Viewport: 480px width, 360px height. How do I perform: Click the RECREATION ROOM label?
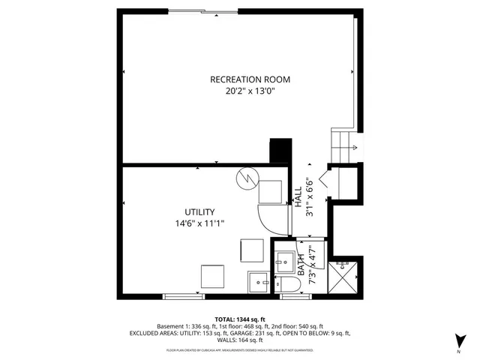coord(250,79)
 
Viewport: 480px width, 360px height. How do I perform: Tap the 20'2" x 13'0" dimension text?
coord(250,91)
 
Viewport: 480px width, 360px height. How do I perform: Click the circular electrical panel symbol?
coord(246,180)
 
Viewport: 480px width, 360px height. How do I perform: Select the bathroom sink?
coord(286,261)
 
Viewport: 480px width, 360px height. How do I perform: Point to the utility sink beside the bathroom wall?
coord(258,282)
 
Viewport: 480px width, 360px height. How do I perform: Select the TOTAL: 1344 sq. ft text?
coord(239,319)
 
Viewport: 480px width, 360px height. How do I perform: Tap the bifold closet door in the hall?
coord(324,180)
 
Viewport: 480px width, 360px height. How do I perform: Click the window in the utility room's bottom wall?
coord(184,296)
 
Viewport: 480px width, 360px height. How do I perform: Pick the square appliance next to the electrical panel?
coord(268,192)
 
